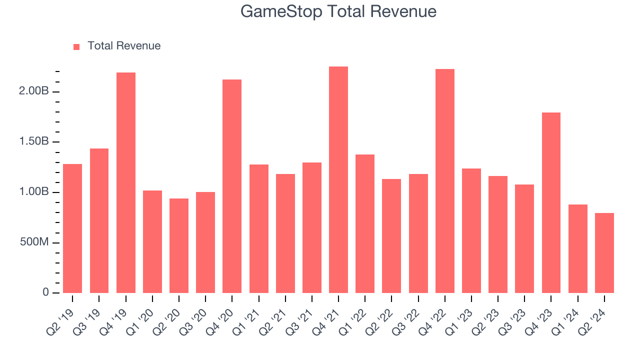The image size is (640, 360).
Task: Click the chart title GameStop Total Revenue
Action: coord(338,11)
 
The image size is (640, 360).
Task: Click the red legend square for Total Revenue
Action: coord(76,46)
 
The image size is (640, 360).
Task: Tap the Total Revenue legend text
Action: coord(124,46)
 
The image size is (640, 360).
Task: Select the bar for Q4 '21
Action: coord(338,180)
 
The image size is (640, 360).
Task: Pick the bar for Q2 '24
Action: coord(604,253)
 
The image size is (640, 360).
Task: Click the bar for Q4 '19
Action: coord(126,183)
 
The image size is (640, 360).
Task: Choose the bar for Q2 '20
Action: coord(179,245)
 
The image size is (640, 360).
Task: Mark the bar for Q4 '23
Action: coord(551,202)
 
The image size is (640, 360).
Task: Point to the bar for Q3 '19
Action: coord(99,220)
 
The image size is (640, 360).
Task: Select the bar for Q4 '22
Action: coord(444,181)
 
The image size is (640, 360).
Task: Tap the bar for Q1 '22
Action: coord(365,223)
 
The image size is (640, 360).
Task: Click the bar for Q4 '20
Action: coord(232,186)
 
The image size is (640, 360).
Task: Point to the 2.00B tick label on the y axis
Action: coord(34,91)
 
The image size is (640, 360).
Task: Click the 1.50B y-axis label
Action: coord(34,142)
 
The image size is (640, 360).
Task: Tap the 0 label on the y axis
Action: coord(45,292)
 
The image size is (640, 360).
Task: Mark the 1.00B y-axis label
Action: coord(34,192)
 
